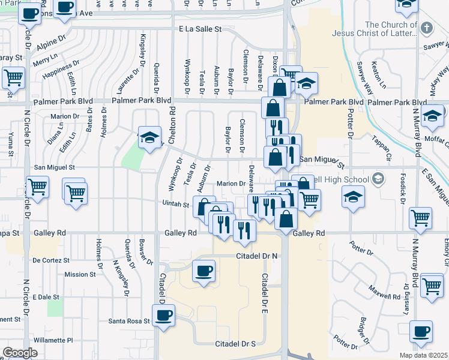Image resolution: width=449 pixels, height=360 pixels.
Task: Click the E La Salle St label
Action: [x=200, y=28]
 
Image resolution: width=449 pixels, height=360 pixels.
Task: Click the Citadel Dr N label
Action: [x=256, y=256]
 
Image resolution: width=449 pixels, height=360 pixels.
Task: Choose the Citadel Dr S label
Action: [x=235, y=344]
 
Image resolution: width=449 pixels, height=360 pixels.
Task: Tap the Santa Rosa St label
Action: [x=128, y=321]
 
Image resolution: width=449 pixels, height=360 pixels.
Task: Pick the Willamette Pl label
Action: [x=53, y=340]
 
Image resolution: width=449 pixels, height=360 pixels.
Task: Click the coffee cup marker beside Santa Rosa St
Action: [x=163, y=314]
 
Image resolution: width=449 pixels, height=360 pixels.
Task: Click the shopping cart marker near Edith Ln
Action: [x=13, y=76]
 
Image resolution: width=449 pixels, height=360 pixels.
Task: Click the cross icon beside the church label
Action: [x=426, y=28]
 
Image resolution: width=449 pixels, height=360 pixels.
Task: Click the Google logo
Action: [x=20, y=353]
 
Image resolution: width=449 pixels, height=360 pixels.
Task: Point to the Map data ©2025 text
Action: [x=423, y=355]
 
